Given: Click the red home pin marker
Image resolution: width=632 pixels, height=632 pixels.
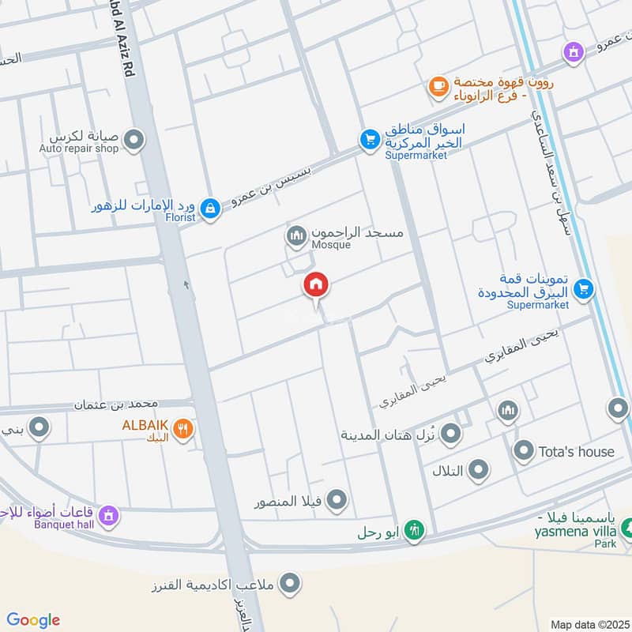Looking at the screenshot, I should tap(316, 286).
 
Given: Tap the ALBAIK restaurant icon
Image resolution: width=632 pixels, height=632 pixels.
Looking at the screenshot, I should tap(182, 429).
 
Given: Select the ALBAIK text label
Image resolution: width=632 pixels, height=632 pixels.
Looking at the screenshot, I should tap(145, 425).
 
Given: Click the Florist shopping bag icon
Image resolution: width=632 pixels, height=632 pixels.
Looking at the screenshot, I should tap(209, 208).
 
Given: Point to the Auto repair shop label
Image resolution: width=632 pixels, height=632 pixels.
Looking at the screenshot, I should tap(79, 148).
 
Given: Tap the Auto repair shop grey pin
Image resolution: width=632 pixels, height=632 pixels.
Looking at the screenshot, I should tap(134, 141).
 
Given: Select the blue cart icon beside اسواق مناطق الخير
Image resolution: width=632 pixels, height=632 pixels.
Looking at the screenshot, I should tap(369, 140).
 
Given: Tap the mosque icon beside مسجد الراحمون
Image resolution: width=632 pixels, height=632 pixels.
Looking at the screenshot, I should tap(296, 235).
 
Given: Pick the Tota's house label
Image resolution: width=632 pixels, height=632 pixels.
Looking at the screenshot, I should tap(576, 452).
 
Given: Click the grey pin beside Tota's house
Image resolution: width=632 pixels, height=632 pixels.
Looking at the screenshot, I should tap(523, 452).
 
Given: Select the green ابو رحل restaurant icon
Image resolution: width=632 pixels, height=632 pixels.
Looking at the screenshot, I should tap(413, 531).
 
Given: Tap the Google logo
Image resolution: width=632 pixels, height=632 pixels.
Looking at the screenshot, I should tap(34, 620).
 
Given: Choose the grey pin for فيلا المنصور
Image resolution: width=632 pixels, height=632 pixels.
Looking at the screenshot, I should tap(337, 500).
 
